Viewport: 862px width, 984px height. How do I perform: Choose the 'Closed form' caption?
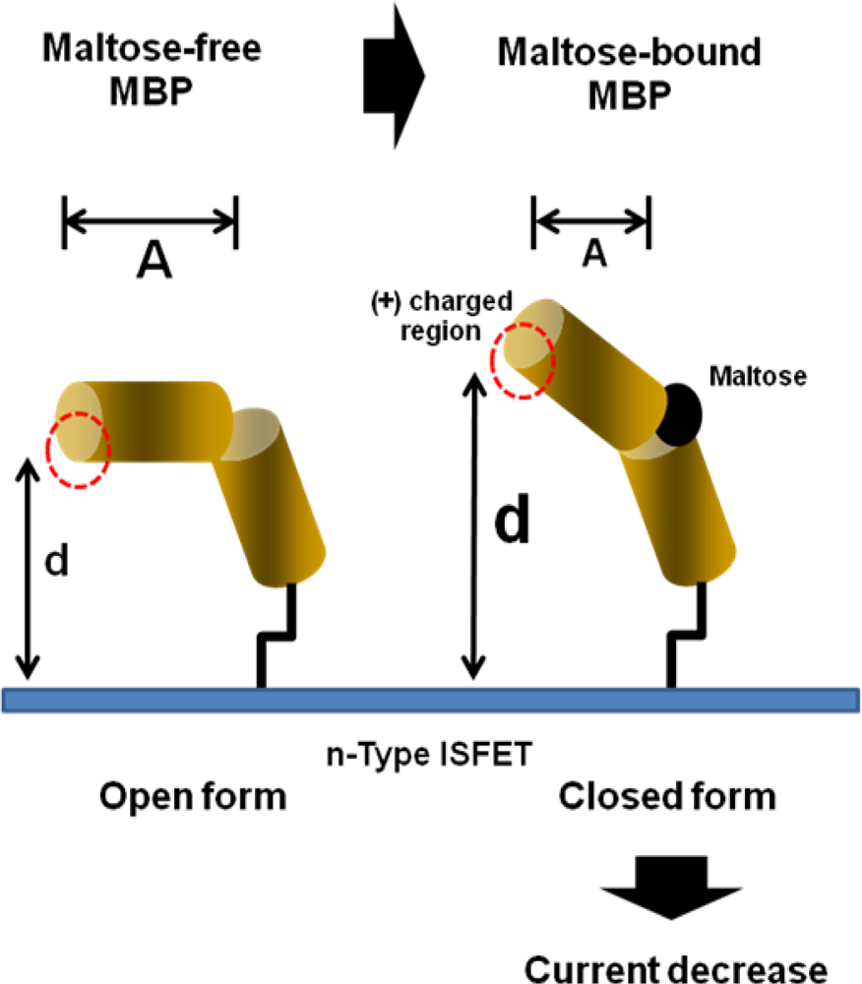pyautogui.click(x=666, y=795)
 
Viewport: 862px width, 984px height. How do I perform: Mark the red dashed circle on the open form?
pyautogui.click(x=78, y=449)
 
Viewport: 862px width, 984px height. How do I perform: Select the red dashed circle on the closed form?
pyautogui.click(x=523, y=359)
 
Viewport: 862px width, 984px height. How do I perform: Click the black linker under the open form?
pyautogui.click(x=273, y=640)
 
